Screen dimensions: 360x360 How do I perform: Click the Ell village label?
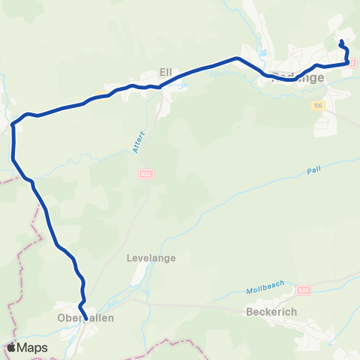pos(166,72)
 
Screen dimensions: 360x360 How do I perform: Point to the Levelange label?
pos(152,258)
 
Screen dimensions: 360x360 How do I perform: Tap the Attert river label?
pos(137,142)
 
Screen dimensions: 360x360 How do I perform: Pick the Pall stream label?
pos(313,171)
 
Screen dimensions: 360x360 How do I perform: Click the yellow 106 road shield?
pos(318,106)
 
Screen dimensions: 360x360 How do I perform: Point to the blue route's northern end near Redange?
pos(342,41)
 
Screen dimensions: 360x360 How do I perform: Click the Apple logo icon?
pos(12,347)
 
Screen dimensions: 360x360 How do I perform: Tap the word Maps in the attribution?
pos(33,348)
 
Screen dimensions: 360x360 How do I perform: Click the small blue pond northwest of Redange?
pos(262,53)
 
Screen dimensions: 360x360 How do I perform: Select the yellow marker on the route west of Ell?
pos(99,95)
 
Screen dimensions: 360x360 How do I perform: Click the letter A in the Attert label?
pos(135,151)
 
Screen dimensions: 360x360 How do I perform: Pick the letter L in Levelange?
pos(131,258)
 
